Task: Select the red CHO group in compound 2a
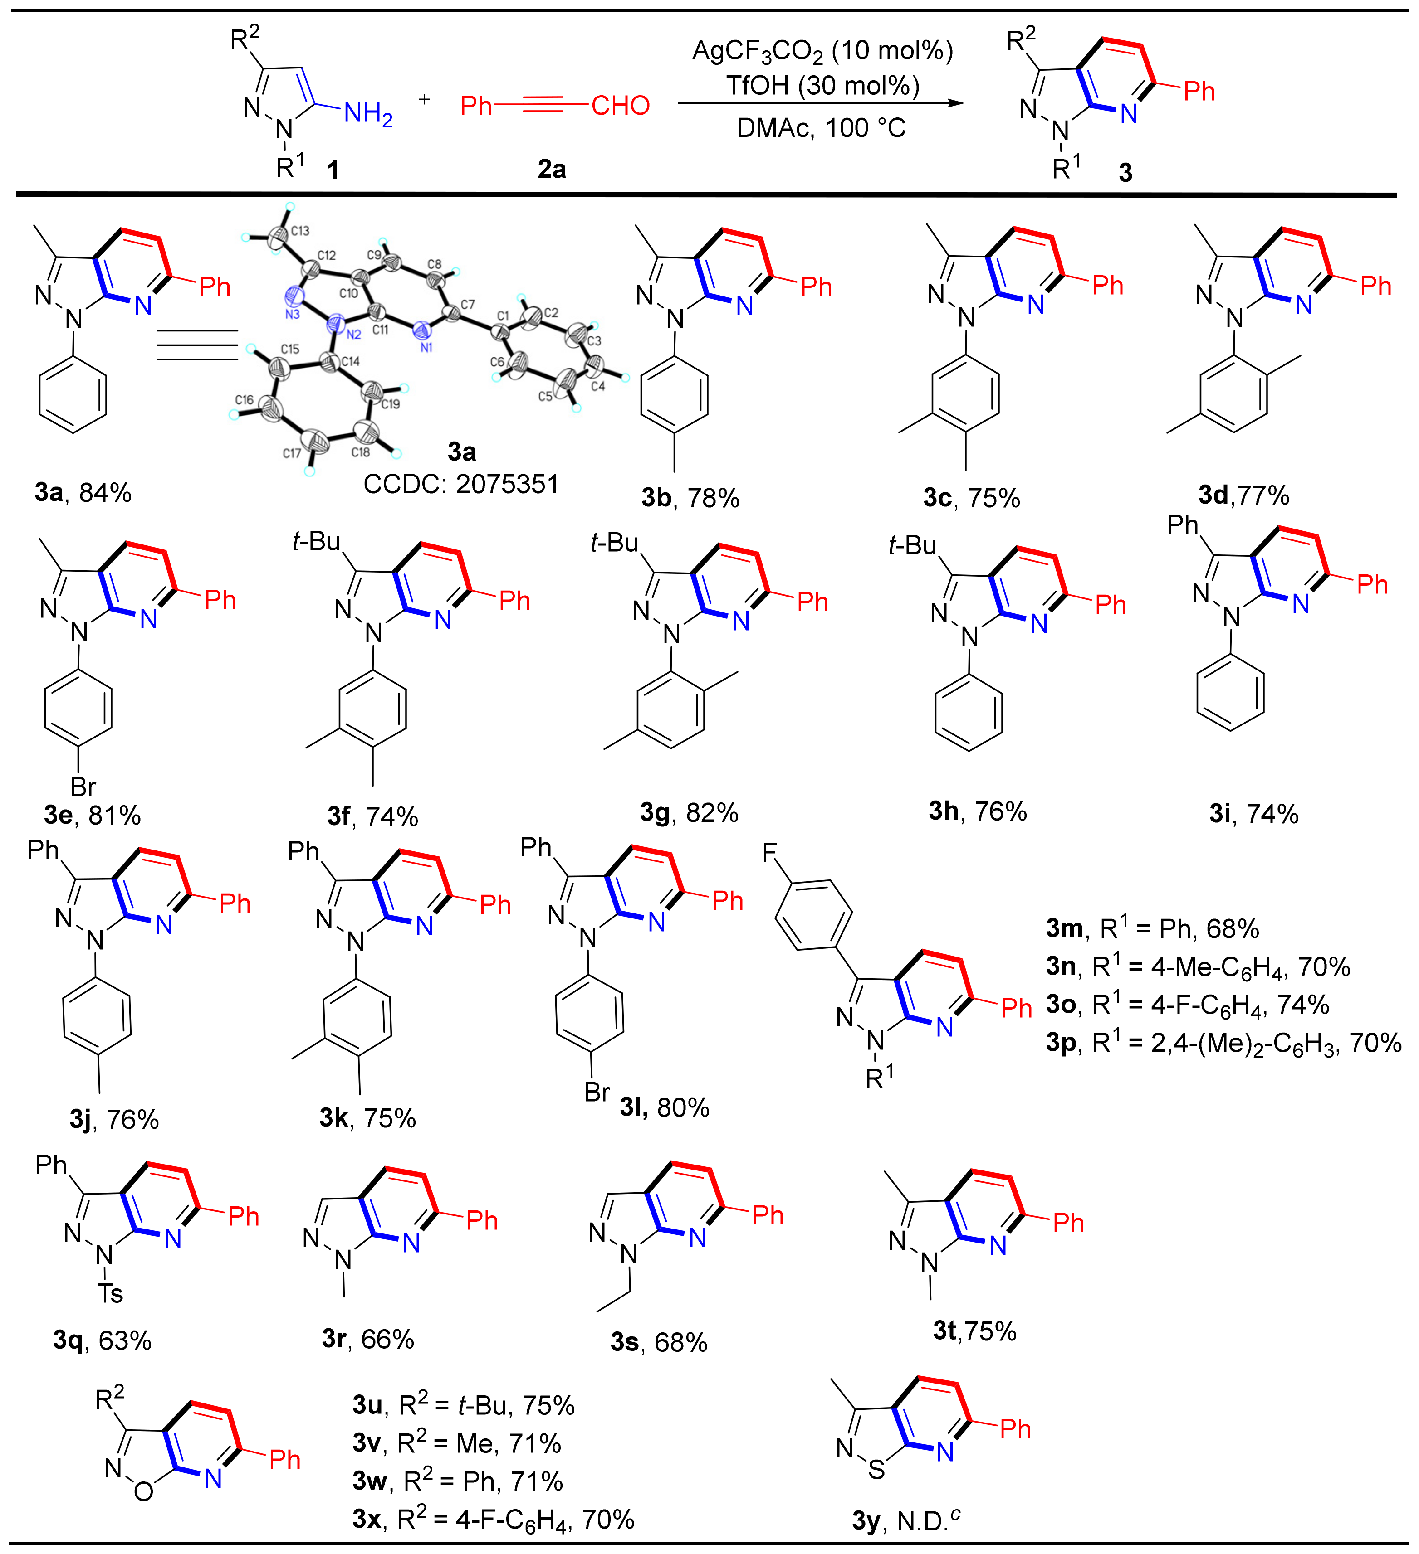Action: [620, 106]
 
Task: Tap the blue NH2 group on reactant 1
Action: [368, 114]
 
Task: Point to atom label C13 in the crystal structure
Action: [300, 230]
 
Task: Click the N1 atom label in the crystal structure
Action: [426, 348]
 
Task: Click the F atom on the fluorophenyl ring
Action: [770, 853]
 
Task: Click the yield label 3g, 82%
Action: [689, 812]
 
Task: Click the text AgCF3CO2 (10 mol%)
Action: [822, 51]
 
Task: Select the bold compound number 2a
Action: [552, 169]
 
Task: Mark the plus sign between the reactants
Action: [424, 99]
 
